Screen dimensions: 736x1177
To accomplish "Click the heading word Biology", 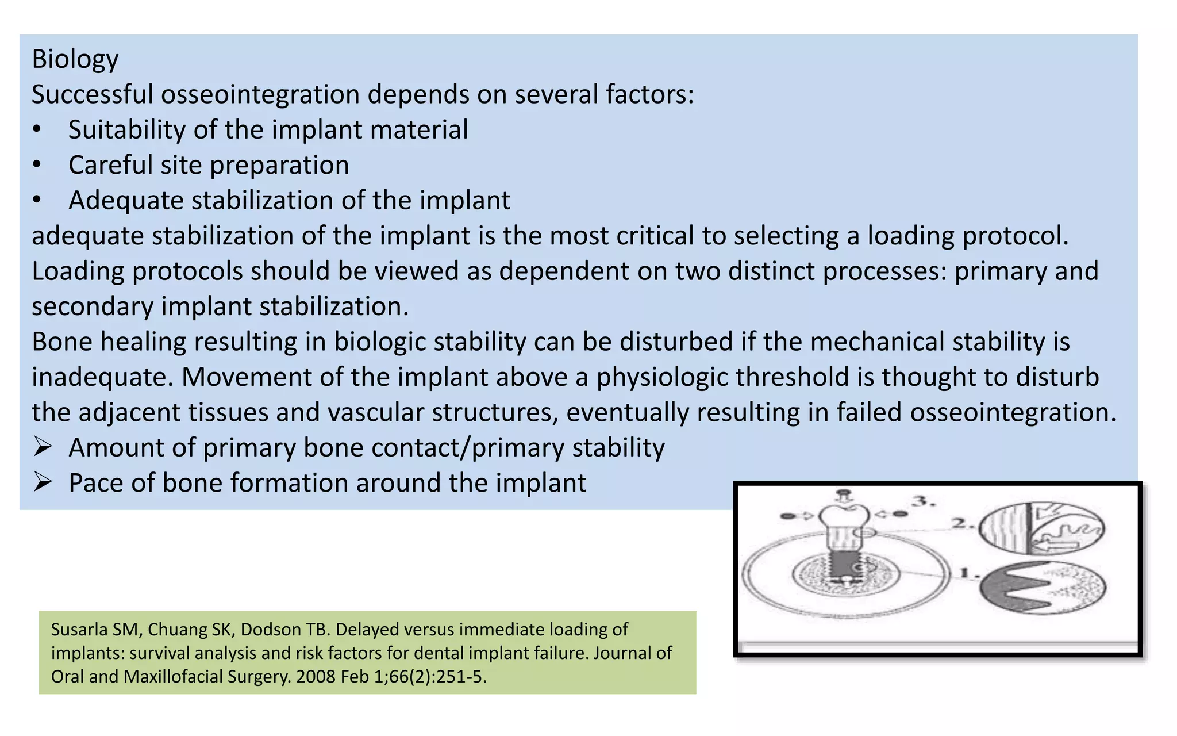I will tap(75, 59).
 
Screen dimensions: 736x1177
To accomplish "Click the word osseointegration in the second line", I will tap(260, 94).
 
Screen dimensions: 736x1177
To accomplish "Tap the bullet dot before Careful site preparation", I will tap(37, 165).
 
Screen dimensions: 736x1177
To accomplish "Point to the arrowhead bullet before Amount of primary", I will tap(43, 447).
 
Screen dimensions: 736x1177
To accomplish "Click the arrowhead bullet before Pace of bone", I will tap(43, 482).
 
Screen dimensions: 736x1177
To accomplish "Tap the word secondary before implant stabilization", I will tap(92, 306).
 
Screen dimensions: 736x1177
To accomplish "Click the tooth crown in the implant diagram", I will tap(844, 517).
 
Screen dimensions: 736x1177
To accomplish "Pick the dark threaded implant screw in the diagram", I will tap(844, 567).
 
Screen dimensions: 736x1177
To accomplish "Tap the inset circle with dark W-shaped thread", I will tap(1043, 587).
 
